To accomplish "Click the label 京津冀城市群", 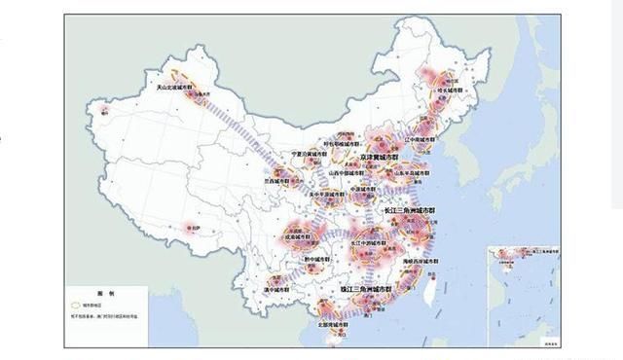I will point(376,155).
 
